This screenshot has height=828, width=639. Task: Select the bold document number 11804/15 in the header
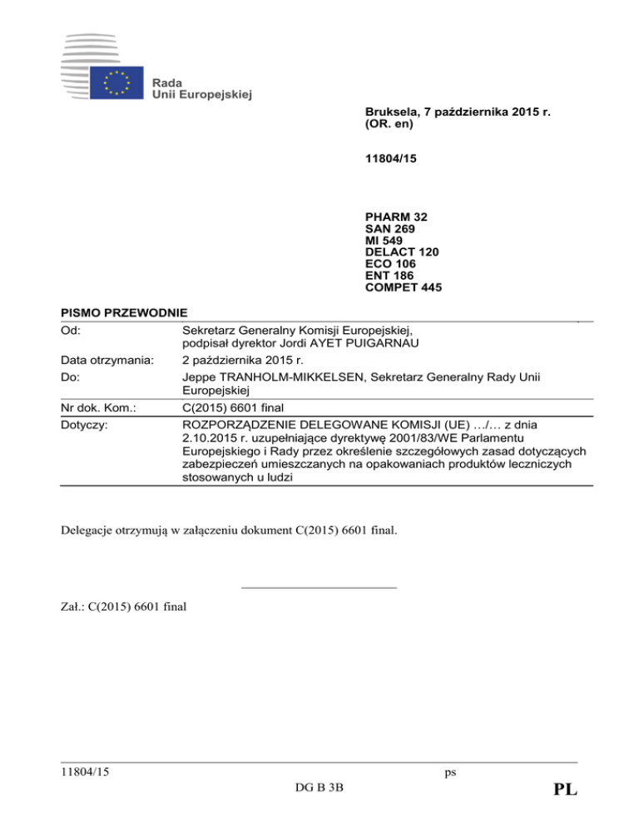tap(387, 167)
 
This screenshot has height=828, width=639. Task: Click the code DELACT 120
tap(402, 252)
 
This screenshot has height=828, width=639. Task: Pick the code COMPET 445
tap(404, 287)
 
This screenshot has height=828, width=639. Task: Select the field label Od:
tap(73, 328)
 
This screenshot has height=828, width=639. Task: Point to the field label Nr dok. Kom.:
tap(99, 408)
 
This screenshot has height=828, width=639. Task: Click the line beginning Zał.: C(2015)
tap(124, 607)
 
